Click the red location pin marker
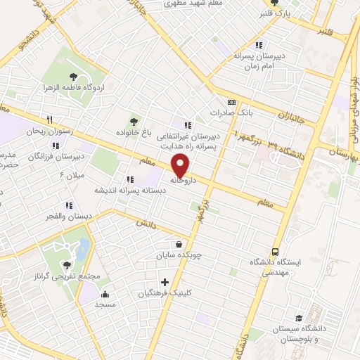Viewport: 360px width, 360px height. click(181, 165)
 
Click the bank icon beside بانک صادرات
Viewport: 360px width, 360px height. click(233, 101)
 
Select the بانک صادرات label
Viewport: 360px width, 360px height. click(232, 112)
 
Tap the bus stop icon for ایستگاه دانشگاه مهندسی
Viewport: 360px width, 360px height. click(275, 250)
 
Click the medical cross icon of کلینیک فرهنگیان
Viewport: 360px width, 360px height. click(165, 282)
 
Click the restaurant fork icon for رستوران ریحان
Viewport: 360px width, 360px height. click(49, 120)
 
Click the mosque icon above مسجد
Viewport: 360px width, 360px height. click(105, 295)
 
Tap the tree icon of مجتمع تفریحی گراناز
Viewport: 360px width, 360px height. click(67, 265)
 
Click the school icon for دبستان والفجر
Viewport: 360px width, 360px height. click(69, 205)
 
